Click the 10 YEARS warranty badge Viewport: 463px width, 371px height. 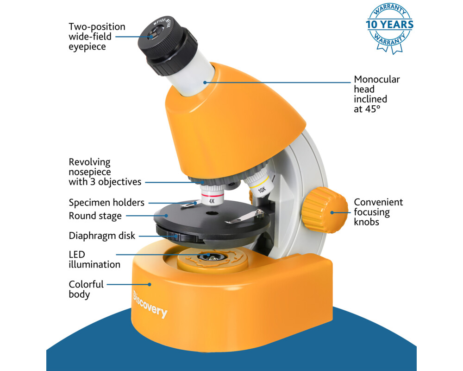[389, 28]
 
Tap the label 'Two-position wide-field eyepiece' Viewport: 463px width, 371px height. [97, 37]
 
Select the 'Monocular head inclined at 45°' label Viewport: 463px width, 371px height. [377, 94]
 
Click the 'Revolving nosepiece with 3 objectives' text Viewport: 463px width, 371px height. [105, 172]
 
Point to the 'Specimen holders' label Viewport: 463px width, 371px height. [106, 203]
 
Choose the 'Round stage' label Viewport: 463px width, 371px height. [95, 216]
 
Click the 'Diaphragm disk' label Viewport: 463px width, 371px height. [101, 236]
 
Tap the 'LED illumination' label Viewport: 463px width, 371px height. [94, 259]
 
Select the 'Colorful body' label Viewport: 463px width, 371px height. [86, 289]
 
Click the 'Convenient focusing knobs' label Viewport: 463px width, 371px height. [378, 212]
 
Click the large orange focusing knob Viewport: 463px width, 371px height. [325, 210]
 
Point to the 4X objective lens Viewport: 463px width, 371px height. [212, 195]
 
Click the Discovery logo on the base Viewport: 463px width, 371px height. [150, 304]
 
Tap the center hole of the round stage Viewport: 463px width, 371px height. [212, 213]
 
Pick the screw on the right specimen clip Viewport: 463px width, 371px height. [260, 212]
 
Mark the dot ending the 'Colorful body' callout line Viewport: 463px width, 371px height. [150, 284]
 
